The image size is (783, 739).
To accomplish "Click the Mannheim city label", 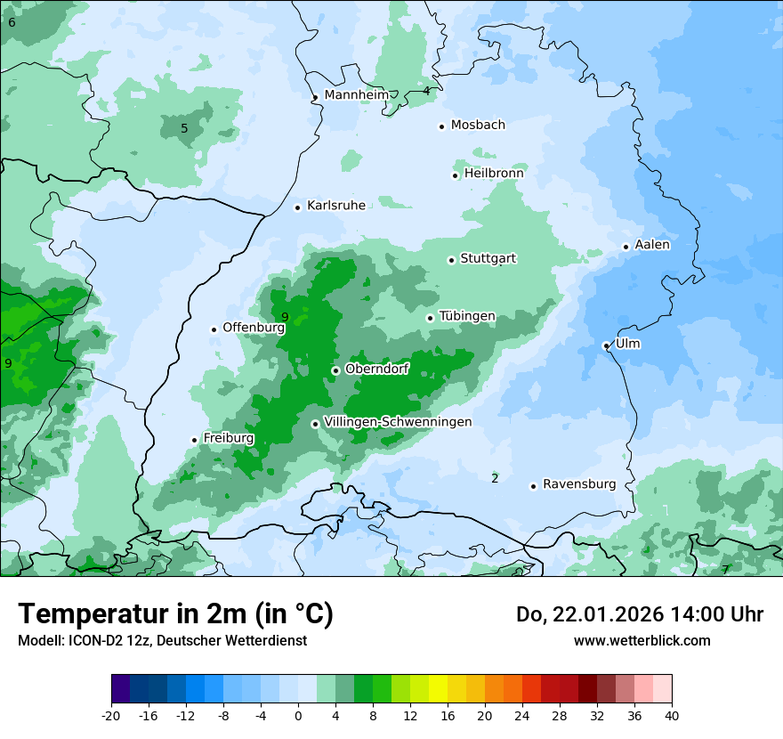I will pyautogui.click(x=357, y=95).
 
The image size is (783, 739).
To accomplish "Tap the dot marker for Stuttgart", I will pyautogui.click(x=451, y=260).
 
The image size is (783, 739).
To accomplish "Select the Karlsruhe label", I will pyautogui.click(x=335, y=206).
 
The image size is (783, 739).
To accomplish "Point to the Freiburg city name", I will pyautogui.click(x=228, y=438).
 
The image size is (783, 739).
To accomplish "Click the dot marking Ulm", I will pyautogui.click(x=606, y=345).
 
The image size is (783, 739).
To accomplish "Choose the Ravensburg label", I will pyautogui.click(x=579, y=484).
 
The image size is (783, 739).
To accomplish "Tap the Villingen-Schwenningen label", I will pyautogui.click(x=398, y=422).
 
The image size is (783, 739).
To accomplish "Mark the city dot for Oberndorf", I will pyautogui.click(x=335, y=370).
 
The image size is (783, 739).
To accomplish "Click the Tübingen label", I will pyautogui.click(x=467, y=317).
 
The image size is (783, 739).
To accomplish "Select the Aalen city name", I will pyautogui.click(x=652, y=245).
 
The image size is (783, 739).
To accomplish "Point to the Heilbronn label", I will pyautogui.click(x=494, y=174).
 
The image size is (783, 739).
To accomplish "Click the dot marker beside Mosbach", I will pyautogui.click(x=441, y=126).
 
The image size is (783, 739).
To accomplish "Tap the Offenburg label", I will pyautogui.click(x=254, y=328).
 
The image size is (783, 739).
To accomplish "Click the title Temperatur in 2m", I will pyautogui.click(x=175, y=613).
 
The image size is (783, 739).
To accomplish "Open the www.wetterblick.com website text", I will pyautogui.click(x=642, y=640).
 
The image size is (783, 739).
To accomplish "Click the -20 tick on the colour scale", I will pyautogui.click(x=111, y=715).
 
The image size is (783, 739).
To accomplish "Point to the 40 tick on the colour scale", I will pyautogui.click(x=671, y=715).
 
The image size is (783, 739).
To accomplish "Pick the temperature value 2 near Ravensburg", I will pyautogui.click(x=495, y=479).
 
